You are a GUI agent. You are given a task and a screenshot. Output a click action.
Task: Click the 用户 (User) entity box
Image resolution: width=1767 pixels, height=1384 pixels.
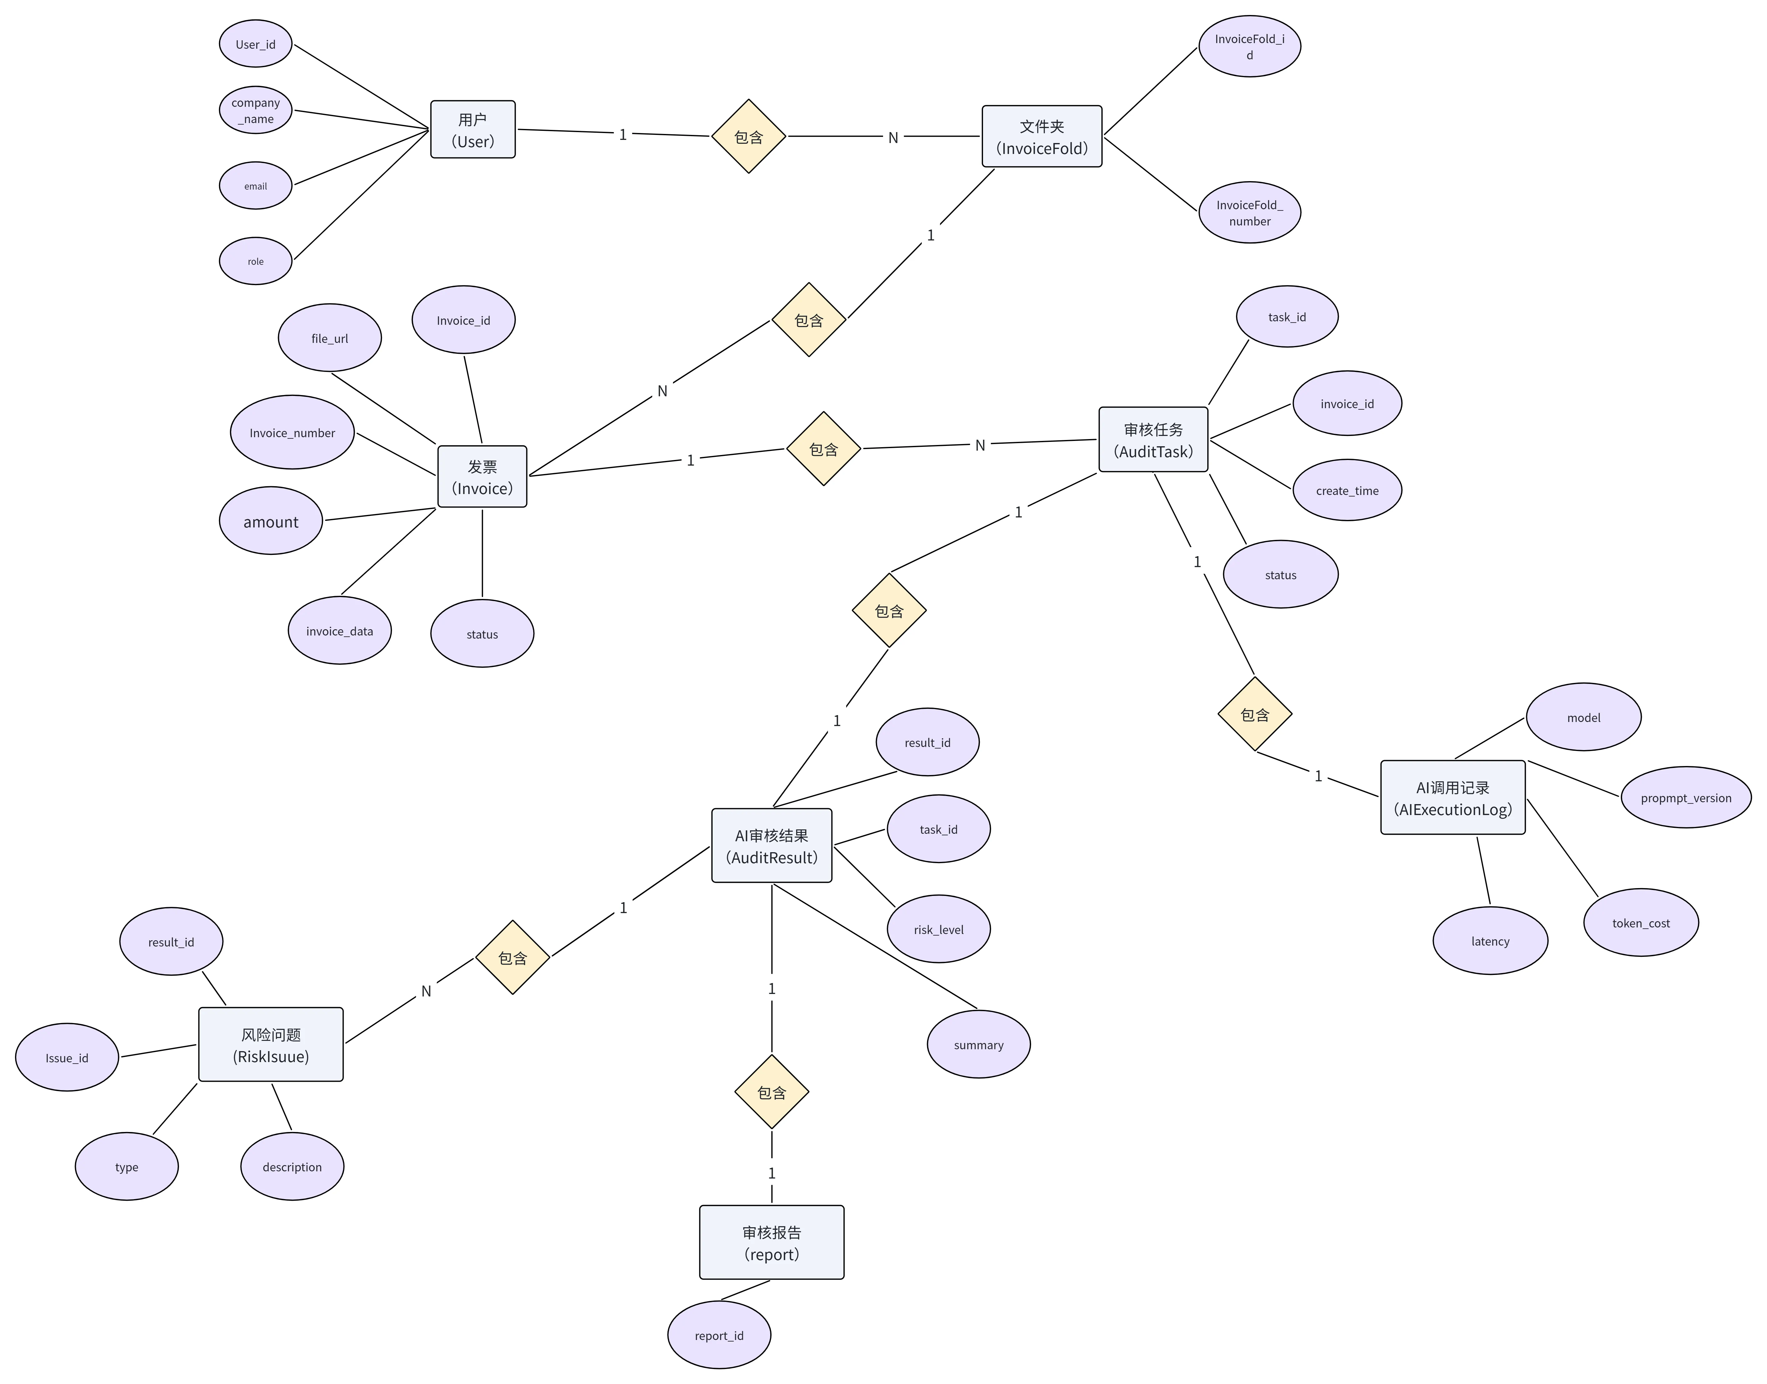coord(473,130)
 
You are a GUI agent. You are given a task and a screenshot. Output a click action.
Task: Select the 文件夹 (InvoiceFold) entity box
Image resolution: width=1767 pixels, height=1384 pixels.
coord(1042,136)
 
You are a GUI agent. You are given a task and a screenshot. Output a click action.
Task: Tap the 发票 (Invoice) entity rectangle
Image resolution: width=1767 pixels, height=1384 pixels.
coord(482,477)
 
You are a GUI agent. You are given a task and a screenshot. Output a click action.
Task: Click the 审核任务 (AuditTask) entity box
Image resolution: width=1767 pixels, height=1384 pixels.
coord(1154,439)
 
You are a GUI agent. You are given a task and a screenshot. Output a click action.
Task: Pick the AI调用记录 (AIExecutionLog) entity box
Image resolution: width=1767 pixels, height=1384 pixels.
coord(1452,797)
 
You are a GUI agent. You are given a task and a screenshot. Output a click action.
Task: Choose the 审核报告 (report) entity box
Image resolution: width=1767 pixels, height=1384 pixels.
coord(772,1242)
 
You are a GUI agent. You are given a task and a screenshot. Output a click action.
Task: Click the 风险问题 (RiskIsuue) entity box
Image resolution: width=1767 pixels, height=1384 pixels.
coord(271,1045)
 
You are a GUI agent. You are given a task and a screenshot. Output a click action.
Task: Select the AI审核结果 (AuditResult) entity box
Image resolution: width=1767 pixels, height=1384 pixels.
coord(772,845)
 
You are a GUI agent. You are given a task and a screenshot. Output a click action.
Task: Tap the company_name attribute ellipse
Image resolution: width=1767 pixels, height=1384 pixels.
coord(255,110)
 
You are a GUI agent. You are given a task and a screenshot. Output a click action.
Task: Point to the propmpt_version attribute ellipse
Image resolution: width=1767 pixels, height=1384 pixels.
coord(1686,797)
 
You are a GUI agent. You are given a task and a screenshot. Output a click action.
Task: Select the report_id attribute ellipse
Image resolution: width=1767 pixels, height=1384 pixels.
coord(719,1335)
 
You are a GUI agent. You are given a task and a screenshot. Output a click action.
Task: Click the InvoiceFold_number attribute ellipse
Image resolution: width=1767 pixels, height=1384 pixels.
coord(1250,212)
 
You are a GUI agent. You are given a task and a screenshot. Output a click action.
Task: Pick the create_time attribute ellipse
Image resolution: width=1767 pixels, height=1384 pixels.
coord(1347,490)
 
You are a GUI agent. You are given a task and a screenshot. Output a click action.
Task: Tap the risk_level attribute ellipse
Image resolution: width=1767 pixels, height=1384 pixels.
coord(939,929)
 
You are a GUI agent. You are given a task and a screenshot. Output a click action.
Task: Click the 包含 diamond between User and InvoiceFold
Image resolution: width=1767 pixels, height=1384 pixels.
coord(748,136)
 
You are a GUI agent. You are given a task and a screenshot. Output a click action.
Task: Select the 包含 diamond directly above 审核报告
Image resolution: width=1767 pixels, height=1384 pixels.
coord(772,1091)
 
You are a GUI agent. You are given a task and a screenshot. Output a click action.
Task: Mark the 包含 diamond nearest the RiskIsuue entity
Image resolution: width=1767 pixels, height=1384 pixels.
coord(512,957)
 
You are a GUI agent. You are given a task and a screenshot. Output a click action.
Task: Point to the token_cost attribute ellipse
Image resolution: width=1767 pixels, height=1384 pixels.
coord(1640,922)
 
